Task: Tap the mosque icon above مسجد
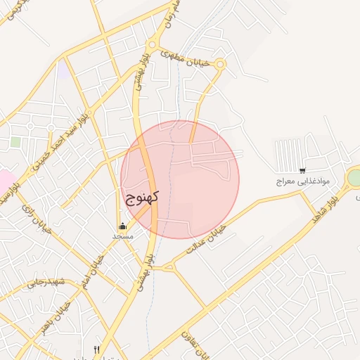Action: pyautogui.click(x=123, y=226)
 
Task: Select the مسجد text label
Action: pyautogui.click(x=123, y=236)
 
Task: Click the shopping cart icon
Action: pyautogui.click(x=302, y=170)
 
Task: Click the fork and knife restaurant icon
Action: pyautogui.click(x=97, y=349)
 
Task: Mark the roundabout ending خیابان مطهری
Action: pyautogui.click(x=220, y=65)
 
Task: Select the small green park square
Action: pyautogui.click(x=15, y=142)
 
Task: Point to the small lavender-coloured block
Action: pyautogui.click(x=63, y=70)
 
